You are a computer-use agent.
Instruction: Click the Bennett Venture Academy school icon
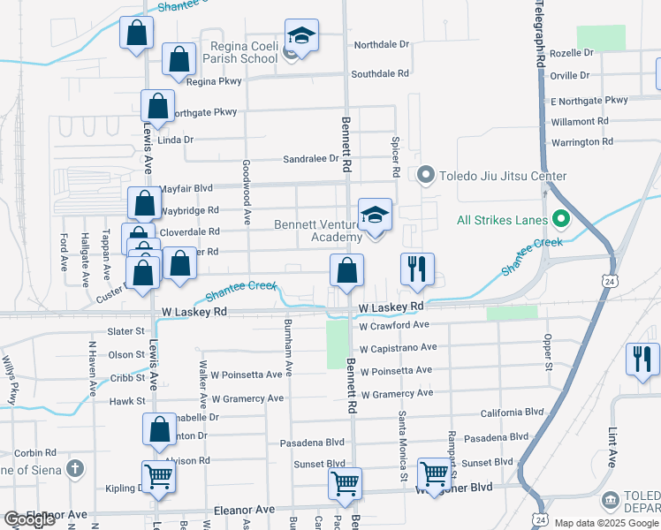[x=375, y=215]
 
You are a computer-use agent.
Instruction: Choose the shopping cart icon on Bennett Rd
[x=345, y=482]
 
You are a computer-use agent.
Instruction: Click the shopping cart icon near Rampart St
[x=434, y=474]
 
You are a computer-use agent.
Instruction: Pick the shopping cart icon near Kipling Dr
[x=159, y=476]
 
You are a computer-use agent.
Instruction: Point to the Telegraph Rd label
[x=537, y=35]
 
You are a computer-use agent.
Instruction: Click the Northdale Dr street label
[x=382, y=44]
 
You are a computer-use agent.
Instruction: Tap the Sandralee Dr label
[x=310, y=159]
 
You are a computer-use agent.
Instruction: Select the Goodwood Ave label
[x=247, y=190]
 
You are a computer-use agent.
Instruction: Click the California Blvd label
[x=512, y=413]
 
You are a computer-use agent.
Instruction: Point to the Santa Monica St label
[x=402, y=445]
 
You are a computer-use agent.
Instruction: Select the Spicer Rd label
[x=396, y=158]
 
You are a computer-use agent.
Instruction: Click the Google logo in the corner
[x=29, y=520]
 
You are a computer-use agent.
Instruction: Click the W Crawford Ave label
[x=394, y=326]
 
